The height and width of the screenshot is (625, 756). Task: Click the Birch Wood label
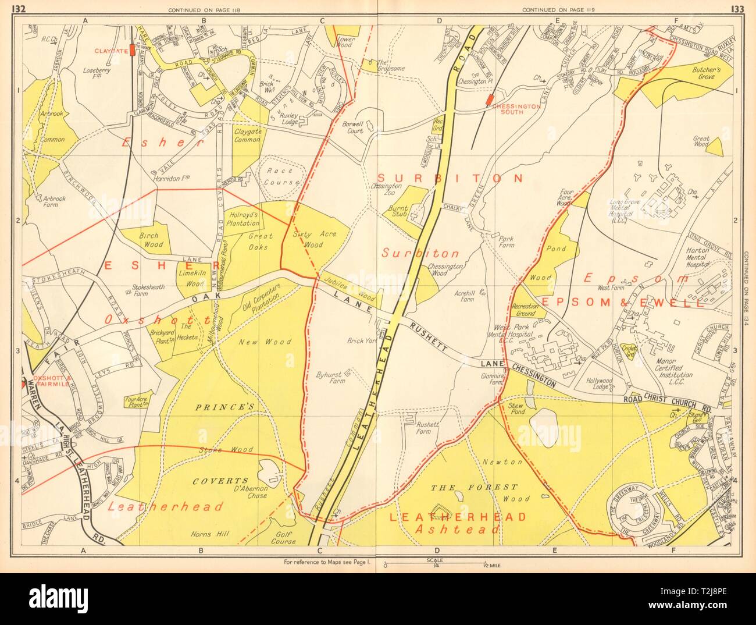154,237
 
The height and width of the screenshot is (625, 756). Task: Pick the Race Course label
280,177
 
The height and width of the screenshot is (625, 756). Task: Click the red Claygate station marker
133,50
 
